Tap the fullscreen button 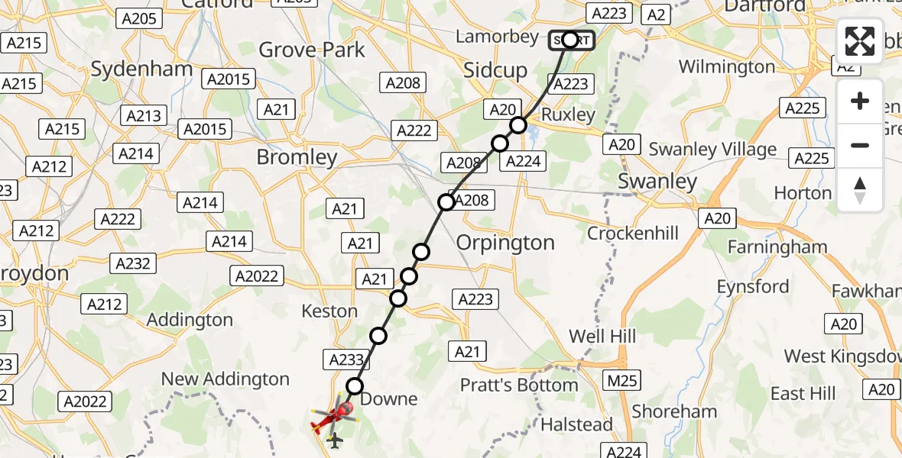point(860,41)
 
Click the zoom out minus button point(860,145)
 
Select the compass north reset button point(860,189)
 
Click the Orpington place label point(505,243)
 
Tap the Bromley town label point(297,158)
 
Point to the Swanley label point(657,182)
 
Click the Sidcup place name point(495,71)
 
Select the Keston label point(329,311)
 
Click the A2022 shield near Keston point(257,276)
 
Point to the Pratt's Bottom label point(518,385)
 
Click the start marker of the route point(570,40)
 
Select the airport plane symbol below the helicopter point(335,440)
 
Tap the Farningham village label point(777,247)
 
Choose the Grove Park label point(312,50)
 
